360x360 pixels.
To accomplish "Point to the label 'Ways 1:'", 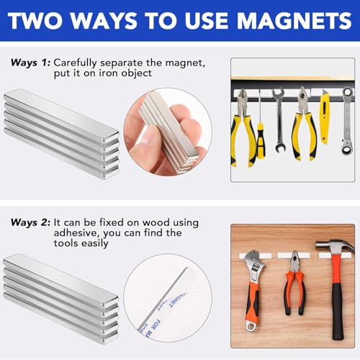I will coord(30,63).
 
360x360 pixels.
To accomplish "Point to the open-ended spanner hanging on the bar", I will coord(278,108).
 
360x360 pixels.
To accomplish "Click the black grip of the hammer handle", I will coord(336,317).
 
